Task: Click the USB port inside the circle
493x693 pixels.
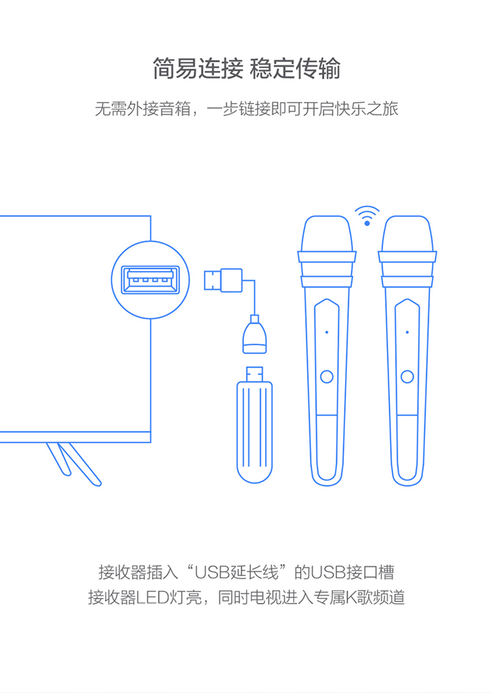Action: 150,280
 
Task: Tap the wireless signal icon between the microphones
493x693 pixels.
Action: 367,215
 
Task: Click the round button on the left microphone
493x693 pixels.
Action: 327,377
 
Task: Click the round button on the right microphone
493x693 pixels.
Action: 407,377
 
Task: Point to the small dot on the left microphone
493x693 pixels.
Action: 327,332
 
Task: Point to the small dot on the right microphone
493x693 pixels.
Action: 407,332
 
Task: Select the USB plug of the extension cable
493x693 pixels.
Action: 223,280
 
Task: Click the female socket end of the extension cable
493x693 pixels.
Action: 255,335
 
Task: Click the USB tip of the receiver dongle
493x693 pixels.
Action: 255,374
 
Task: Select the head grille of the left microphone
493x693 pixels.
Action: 327,233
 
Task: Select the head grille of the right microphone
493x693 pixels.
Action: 407,233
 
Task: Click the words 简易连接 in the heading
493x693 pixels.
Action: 198,69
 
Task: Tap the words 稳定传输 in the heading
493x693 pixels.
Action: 296,69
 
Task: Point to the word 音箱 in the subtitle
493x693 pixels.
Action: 175,109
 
